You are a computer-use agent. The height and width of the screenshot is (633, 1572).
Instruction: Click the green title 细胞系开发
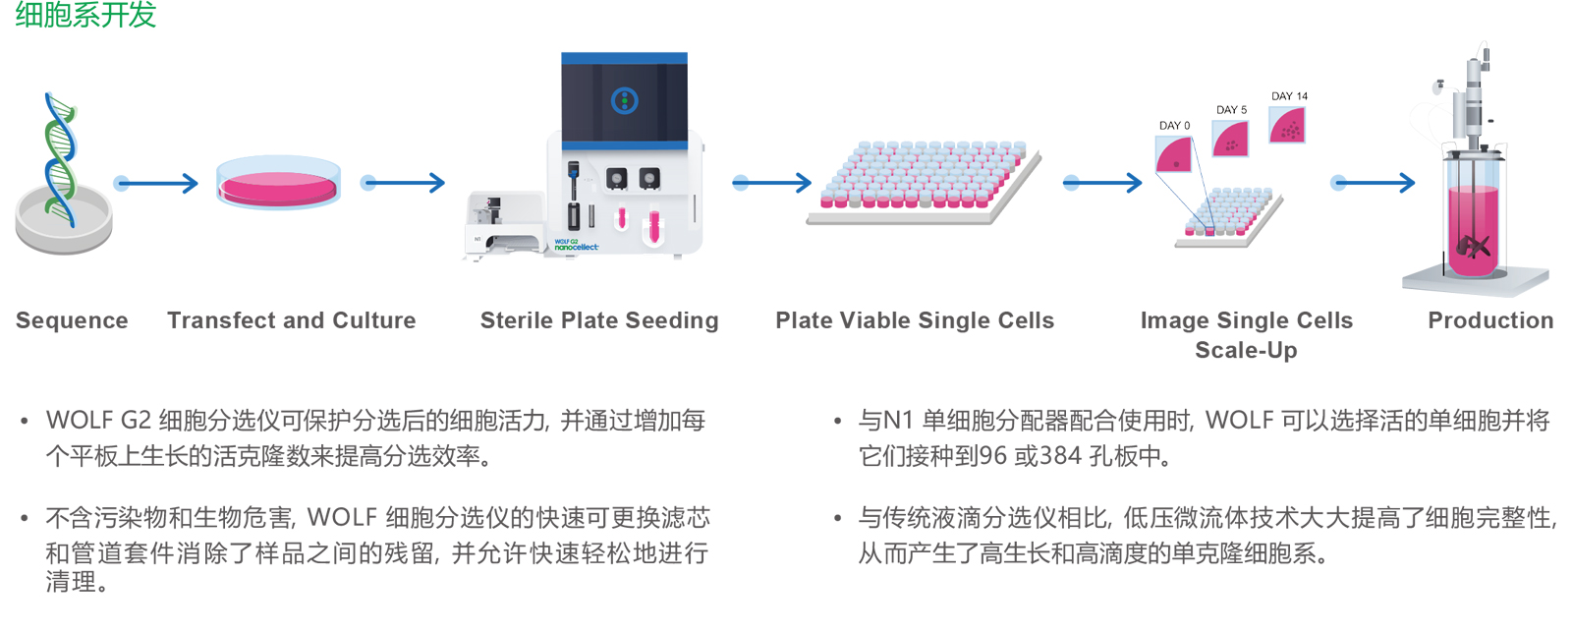(85, 15)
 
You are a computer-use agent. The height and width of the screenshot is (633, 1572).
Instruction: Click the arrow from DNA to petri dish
(156, 184)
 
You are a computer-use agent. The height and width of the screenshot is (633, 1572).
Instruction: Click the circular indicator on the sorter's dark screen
(624, 101)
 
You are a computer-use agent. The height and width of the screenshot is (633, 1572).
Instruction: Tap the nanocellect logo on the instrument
(576, 246)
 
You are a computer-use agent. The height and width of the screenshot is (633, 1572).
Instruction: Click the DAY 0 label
(1174, 126)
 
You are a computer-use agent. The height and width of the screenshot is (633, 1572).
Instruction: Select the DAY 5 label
(1232, 109)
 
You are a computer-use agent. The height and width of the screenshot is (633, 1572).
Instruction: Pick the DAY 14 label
(1289, 95)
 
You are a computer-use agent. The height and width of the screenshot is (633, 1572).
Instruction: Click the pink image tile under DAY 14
(1287, 125)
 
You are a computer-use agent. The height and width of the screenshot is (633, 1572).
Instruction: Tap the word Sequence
(72, 320)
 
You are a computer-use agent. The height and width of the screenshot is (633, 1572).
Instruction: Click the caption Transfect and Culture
(291, 320)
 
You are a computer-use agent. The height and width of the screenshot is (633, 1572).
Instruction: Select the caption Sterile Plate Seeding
(599, 320)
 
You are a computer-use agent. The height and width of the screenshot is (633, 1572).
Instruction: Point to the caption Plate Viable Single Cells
(915, 320)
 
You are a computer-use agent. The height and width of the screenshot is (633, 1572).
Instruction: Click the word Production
(1490, 320)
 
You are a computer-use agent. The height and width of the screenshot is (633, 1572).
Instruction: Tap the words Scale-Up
(1246, 350)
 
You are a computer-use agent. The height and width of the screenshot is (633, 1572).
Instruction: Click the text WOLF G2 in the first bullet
(98, 420)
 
